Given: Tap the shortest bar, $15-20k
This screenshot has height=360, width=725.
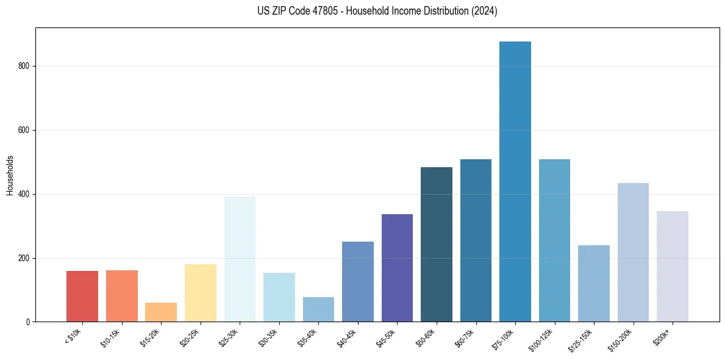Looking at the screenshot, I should pos(161,312).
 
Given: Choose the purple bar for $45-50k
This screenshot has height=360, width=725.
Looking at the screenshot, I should pos(397,268).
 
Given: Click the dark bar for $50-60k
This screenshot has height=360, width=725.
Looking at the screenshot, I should pos(437,244).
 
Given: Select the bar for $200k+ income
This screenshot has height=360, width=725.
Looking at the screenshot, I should pos(673,266).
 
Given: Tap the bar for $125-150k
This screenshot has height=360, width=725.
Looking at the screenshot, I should pos(594,283).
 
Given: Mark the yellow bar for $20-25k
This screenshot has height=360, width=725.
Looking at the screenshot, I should pos(201,293).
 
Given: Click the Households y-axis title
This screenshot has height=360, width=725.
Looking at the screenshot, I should pos(10,175).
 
